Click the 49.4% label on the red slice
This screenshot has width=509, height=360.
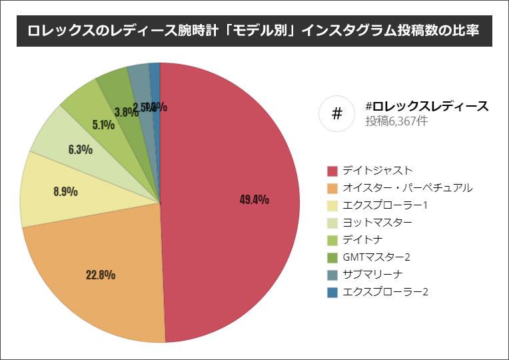[x=254, y=199]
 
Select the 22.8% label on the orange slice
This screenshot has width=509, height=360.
[x=101, y=274]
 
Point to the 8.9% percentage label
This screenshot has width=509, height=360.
[x=65, y=191]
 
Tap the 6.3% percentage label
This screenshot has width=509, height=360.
[x=80, y=149]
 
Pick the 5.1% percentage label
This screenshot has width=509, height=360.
[x=103, y=124]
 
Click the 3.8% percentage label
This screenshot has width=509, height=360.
[x=126, y=112]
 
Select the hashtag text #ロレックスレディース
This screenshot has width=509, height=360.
[x=427, y=106]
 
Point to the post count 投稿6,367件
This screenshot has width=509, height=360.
[x=396, y=121]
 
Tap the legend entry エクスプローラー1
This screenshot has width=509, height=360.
[x=384, y=205]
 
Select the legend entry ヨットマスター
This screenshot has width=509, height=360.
[x=377, y=222]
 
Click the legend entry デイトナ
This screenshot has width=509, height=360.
[x=362, y=239]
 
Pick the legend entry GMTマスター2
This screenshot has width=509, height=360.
[x=377, y=257]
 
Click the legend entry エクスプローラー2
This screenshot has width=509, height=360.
[x=385, y=291]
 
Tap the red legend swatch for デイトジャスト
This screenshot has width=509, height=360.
[x=332, y=170]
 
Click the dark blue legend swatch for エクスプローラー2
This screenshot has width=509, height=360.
[x=332, y=291]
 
